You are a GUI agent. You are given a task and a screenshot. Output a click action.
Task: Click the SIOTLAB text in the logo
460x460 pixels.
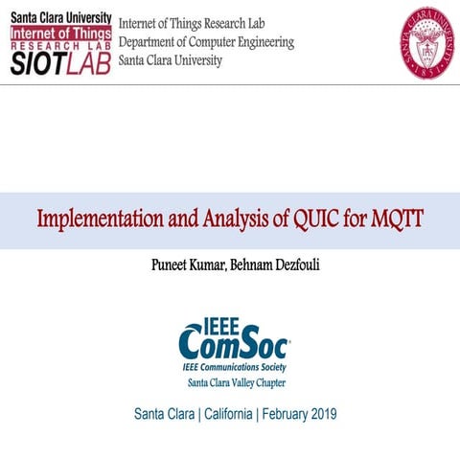58,63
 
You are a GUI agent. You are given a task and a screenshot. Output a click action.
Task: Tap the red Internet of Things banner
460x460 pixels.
58,34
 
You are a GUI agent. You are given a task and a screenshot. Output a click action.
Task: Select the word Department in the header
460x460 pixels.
149,42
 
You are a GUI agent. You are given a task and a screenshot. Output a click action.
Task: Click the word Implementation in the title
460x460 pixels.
96,219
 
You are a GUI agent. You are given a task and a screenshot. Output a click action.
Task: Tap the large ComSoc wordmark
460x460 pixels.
233,344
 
